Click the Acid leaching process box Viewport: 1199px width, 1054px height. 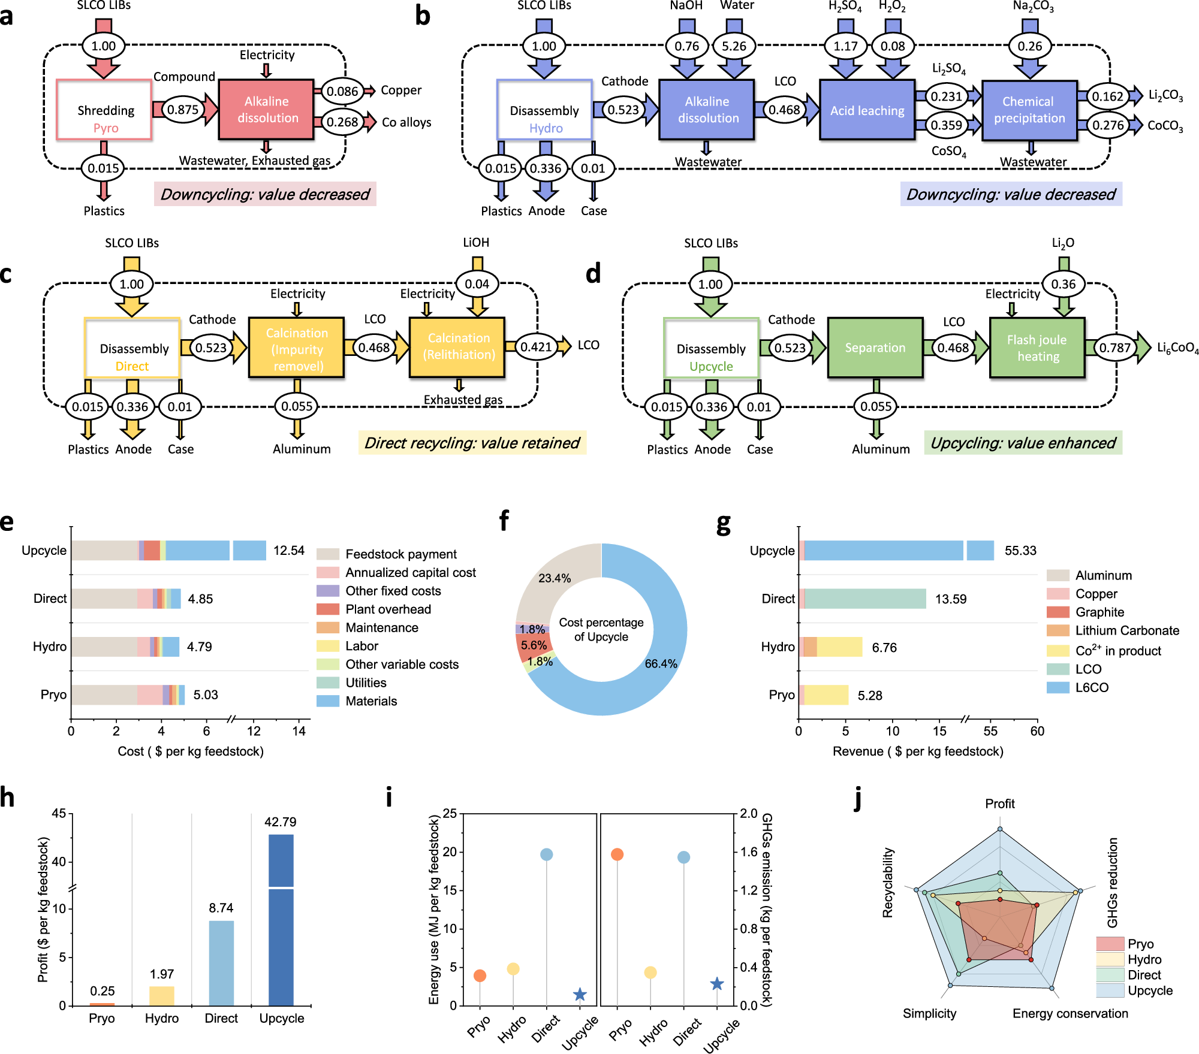[867, 110]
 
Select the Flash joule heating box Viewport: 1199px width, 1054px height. [1037, 348]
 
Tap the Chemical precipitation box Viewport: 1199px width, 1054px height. [1029, 110]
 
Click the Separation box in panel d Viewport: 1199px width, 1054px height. [875, 348]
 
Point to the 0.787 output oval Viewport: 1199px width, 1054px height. [1114, 348]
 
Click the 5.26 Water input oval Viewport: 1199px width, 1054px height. [734, 46]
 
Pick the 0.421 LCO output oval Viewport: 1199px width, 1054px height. [536, 347]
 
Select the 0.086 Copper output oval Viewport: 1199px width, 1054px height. [342, 92]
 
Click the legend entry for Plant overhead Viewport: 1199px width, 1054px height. [388, 609]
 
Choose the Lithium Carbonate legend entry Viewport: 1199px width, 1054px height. [1126, 630]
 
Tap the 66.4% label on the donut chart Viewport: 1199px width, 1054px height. [661, 664]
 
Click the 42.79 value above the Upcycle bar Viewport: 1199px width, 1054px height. [281, 822]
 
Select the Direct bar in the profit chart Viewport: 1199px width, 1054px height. [221, 963]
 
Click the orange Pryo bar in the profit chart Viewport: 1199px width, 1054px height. [102, 1004]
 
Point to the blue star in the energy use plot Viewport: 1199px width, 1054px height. [580, 995]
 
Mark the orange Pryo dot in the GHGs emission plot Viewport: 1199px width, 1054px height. [617, 854]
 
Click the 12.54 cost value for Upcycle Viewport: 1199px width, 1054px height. [289, 551]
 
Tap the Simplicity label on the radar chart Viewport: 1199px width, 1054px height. [929, 1013]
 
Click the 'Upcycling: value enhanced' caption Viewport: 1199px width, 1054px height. [1023, 443]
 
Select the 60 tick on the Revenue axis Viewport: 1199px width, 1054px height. [1037, 731]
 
